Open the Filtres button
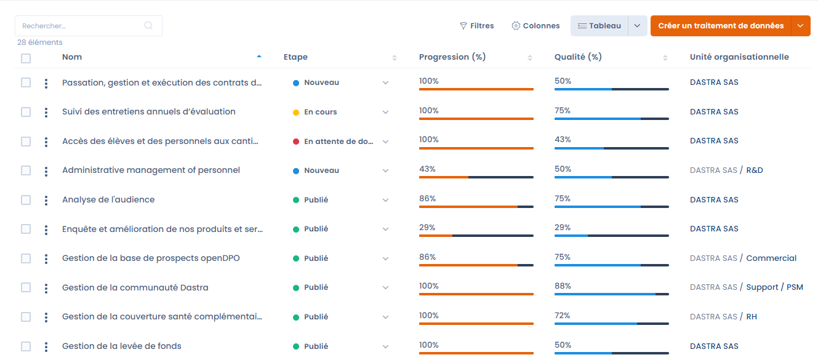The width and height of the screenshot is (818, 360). pyautogui.click(x=477, y=26)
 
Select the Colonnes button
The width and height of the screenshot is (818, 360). pyautogui.click(x=535, y=26)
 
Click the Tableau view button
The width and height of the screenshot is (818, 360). pyautogui.click(x=599, y=26)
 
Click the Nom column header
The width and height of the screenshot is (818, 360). pyautogui.click(x=72, y=57)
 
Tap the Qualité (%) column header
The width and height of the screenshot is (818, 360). pyautogui.click(x=578, y=57)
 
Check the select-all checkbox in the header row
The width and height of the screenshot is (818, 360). pyautogui.click(x=26, y=58)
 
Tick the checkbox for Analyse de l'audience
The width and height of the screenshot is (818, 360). pyautogui.click(x=26, y=200)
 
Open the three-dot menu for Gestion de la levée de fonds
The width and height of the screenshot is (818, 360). pyautogui.click(x=46, y=347)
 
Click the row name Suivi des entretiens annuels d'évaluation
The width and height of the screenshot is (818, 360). pyautogui.click(x=149, y=112)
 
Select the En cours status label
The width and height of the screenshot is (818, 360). pyautogui.click(x=320, y=113)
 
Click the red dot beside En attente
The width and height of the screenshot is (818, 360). pyautogui.click(x=296, y=142)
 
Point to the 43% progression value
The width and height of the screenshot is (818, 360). pyautogui.click(x=427, y=169)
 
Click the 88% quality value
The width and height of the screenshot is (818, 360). pyautogui.click(x=563, y=286)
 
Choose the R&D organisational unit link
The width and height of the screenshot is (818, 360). pyautogui.click(x=755, y=170)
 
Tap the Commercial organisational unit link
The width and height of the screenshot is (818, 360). pyautogui.click(x=771, y=258)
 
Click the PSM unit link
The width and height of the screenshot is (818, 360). pyautogui.click(x=795, y=287)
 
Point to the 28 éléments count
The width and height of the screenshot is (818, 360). pyautogui.click(x=40, y=42)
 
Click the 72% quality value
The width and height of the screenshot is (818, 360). pyautogui.click(x=563, y=316)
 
